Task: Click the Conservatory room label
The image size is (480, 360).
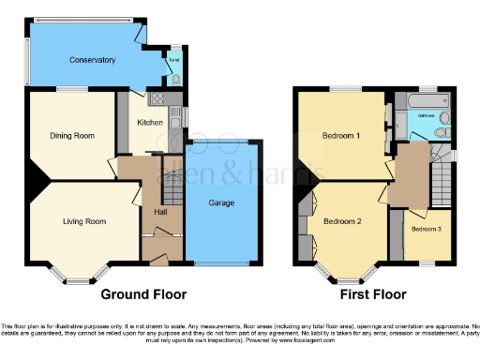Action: click(92, 60)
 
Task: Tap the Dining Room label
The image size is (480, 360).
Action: click(72, 136)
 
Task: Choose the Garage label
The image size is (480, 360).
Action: click(221, 202)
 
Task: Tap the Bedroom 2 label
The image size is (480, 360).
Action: click(342, 222)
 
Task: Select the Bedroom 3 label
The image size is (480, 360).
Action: click(425, 229)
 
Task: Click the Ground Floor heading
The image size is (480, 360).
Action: click(142, 292)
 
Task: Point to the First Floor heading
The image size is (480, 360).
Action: click(372, 292)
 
